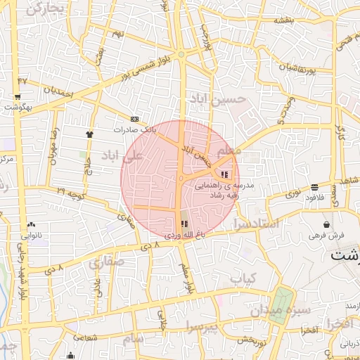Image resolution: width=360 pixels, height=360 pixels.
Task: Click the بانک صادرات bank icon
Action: point(134,119)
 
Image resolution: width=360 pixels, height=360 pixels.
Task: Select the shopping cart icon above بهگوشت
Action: point(17,98)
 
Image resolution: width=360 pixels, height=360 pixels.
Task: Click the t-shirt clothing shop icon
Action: point(89,134)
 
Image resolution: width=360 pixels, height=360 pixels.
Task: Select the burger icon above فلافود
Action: point(314,187)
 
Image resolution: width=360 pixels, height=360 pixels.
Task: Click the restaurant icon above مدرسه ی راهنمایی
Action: point(224,174)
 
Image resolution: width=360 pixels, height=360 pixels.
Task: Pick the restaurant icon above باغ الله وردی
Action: point(184,224)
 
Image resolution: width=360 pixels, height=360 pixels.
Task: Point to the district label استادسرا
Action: point(258,224)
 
